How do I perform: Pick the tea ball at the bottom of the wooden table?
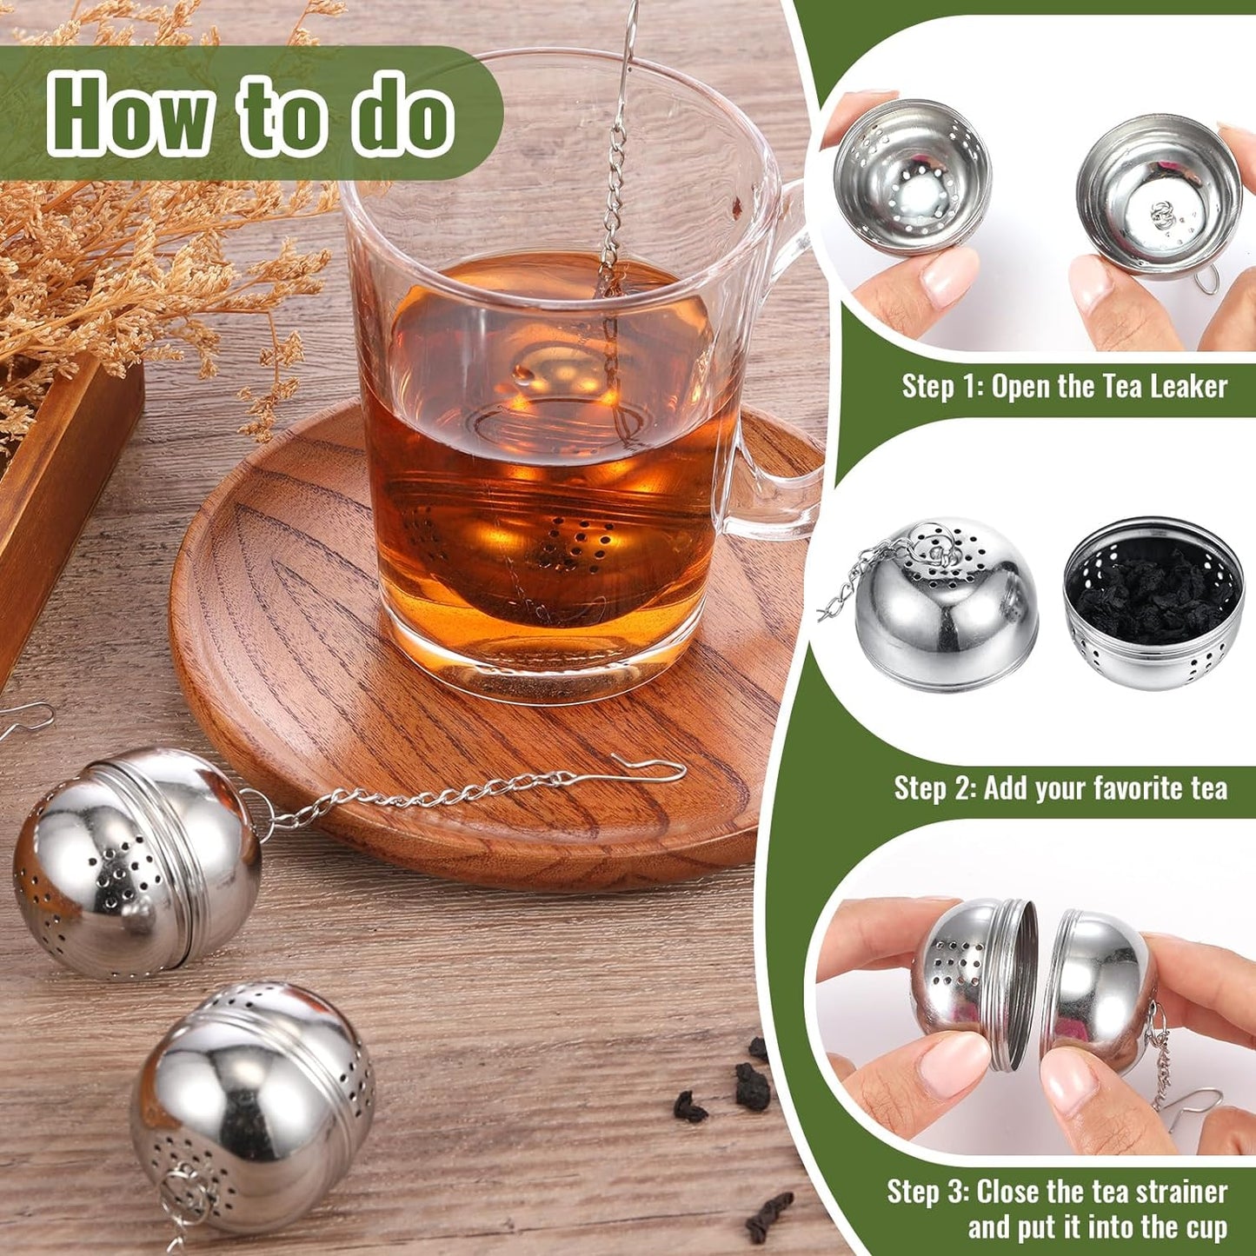point(252,1104)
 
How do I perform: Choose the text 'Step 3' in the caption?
point(925,1192)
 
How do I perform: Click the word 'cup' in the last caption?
point(1205,1228)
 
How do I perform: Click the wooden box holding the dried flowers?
point(61,487)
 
